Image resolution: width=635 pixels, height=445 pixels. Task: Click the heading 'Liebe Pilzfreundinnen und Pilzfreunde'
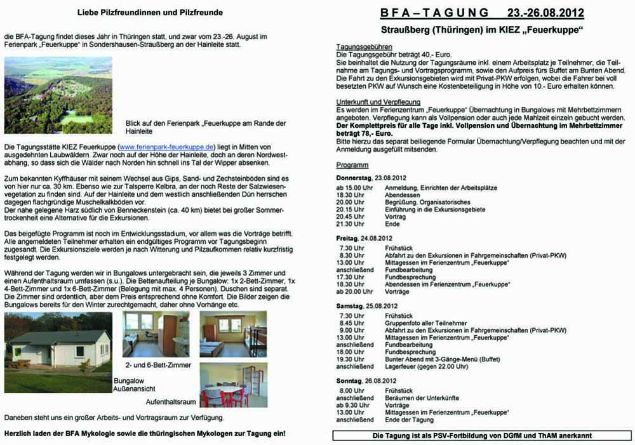(150, 12)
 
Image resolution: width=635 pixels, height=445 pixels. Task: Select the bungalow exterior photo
(58, 352)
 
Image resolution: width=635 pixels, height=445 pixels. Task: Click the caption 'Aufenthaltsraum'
(171, 402)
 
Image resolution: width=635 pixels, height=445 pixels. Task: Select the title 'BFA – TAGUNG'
(435, 13)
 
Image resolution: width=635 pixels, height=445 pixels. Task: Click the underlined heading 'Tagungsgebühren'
(364, 48)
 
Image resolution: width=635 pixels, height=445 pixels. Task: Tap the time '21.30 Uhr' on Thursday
(351, 224)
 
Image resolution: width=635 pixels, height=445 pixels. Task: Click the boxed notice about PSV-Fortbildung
(482, 435)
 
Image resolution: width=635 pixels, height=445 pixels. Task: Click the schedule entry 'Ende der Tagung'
(410, 420)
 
